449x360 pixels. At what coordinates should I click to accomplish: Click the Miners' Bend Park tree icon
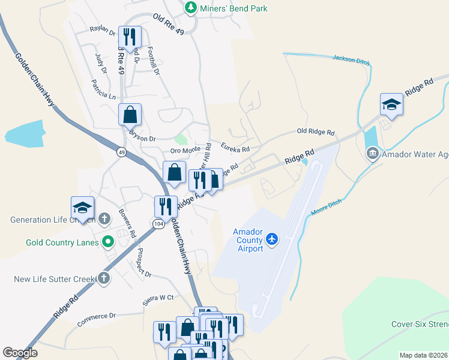point(191,8)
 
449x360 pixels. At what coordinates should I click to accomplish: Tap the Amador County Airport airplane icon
point(272,239)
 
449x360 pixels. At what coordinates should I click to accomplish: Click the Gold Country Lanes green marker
point(108,242)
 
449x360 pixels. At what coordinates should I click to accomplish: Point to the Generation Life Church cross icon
point(104,219)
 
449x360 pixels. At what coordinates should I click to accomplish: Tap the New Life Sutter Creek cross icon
point(104,278)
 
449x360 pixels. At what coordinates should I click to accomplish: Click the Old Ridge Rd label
point(316,131)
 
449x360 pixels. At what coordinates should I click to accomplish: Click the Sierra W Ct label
point(157,298)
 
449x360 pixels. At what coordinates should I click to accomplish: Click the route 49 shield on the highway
point(121,152)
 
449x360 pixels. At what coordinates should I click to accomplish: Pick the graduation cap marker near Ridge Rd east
point(391,104)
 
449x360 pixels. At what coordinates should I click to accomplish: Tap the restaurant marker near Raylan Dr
point(130,36)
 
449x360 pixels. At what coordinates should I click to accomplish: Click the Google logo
point(20,353)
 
